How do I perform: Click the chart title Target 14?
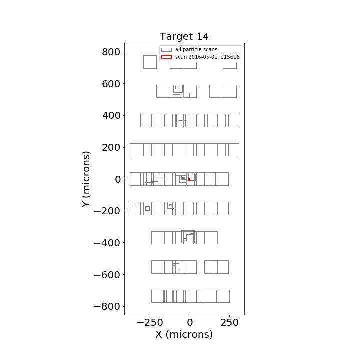point(184,36)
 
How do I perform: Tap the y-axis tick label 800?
point(111,52)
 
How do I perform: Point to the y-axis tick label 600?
point(111,84)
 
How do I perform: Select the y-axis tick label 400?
point(111,115)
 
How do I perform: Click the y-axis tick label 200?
point(111,147)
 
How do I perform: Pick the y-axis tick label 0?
point(118,179)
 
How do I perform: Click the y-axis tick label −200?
point(107,211)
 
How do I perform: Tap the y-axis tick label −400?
point(107,243)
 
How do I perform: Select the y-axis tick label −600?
point(107,275)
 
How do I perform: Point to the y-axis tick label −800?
point(107,306)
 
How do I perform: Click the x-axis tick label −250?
point(150,323)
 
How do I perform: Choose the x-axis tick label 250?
point(230,323)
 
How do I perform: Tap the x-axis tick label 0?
point(190,323)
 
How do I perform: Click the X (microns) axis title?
point(184,334)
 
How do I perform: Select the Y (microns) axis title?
point(86,179)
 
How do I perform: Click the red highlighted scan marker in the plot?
point(189,180)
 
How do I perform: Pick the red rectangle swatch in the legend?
point(166,57)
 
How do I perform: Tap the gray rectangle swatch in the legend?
point(166,50)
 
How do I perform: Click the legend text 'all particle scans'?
point(196,50)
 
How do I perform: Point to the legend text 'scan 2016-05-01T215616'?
point(207,57)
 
